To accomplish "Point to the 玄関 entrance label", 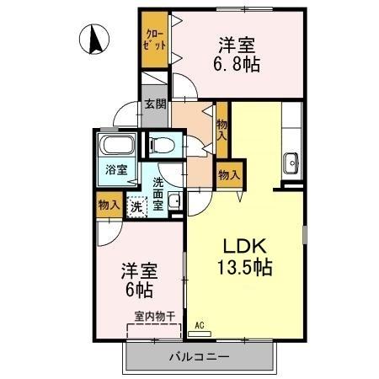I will [x=155, y=104].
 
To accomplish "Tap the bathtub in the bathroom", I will [x=115, y=147].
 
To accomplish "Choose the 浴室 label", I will [x=115, y=169].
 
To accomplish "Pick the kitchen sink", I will [x=292, y=160].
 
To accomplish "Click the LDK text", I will [x=244, y=248].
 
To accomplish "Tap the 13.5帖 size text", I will [x=245, y=270].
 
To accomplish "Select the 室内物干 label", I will [x=154, y=317].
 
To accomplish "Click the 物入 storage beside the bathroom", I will [x=107, y=205].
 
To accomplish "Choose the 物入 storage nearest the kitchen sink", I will [x=228, y=175].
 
